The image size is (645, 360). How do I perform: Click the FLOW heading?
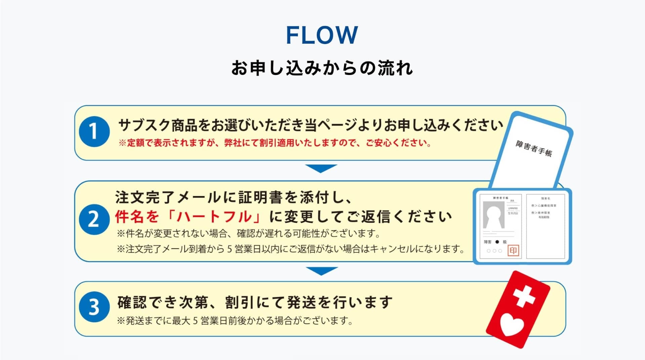click(322, 35)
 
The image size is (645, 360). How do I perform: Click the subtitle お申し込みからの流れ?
click(322, 68)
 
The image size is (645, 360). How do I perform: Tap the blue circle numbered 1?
click(94, 131)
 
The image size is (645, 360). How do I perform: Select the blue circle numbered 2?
click(94, 219)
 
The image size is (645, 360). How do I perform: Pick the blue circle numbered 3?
click(94, 307)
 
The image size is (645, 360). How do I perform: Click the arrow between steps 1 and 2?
click(321, 168)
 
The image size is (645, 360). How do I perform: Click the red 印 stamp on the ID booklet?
click(513, 251)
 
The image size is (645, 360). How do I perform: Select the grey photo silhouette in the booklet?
click(493, 215)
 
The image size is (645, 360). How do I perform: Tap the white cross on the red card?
click(524, 296)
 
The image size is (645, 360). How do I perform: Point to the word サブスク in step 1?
click(144, 125)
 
